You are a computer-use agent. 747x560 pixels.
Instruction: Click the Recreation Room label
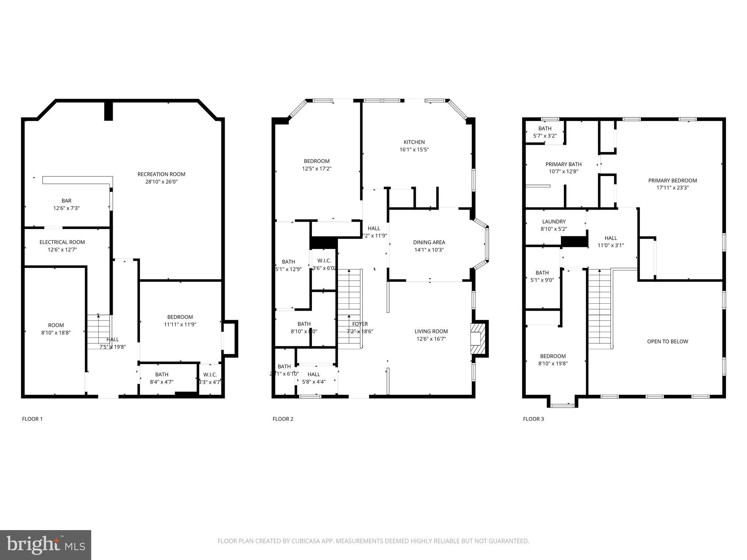tap(161, 174)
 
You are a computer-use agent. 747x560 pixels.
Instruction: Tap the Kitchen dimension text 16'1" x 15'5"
tap(414, 149)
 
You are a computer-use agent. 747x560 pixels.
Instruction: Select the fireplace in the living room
tap(478, 339)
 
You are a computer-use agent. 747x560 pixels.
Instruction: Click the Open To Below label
tap(667, 342)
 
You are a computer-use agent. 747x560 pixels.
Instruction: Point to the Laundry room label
tap(554, 222)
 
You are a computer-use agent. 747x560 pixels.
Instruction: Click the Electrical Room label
tap(62, 242)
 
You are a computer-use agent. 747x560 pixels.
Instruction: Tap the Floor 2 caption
tap(283, 419)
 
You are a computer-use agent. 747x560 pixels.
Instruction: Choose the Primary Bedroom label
tap(672, 180)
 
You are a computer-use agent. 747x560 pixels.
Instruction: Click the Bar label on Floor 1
tap(66, 201)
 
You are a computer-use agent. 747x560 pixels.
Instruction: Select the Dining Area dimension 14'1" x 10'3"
tap(429, 250)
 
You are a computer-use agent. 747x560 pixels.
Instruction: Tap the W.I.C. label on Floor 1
tap(210, 375)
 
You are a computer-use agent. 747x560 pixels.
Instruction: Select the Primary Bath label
tap(563, 164)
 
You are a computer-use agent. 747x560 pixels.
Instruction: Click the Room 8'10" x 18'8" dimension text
tap(56, 332)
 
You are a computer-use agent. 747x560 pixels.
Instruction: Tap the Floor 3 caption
tap(533, 419)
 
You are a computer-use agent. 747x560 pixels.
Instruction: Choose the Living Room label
tap(431, 331)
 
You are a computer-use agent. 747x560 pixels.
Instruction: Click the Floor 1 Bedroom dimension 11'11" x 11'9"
tap(180, 324)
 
